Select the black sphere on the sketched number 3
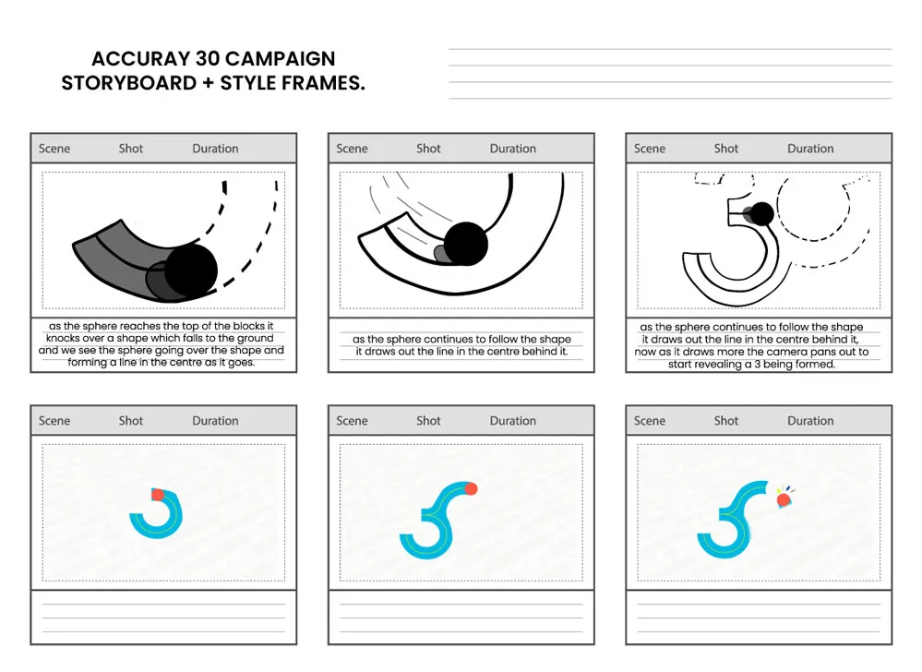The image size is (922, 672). [x=761, y=214]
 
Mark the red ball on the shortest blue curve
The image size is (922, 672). [x=157, y=495]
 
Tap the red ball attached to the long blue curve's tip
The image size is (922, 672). [x=472, y=488]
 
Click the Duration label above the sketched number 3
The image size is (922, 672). [x=810, y=149]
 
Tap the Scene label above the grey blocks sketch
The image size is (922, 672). [x=54, y=149]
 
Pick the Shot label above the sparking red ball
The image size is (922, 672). [x=726, y=421]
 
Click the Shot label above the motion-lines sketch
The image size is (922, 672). [x=428, y=149]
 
